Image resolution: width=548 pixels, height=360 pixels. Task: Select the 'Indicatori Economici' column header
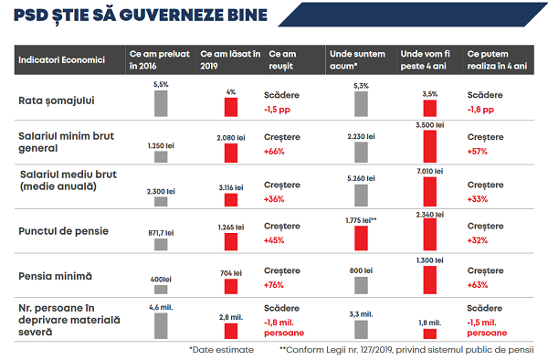[x=59, y=60]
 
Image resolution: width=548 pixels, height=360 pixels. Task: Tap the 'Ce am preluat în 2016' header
[x=159, y=60]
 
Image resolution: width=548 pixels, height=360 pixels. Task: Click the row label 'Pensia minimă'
[x=58, y=274]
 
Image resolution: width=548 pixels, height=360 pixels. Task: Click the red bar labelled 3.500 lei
[x=428, y=145]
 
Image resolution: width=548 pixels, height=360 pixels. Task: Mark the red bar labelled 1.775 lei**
[x=362, y=238]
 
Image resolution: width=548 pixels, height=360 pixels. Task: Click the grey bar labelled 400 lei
[x=161, y=288]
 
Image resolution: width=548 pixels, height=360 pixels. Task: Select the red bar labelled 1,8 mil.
[x=428, y=334]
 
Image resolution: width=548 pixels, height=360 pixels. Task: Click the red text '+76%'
[x=275, y=283]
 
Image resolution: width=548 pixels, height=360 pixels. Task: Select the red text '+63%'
[x=479, y=283]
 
